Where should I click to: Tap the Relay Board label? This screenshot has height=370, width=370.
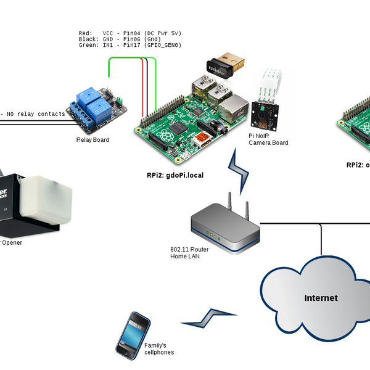point(92,140)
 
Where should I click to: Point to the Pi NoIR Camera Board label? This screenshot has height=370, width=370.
point(268,139)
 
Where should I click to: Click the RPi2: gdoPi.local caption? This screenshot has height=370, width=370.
point(175,175)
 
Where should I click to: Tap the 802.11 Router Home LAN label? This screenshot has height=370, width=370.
point(189,252)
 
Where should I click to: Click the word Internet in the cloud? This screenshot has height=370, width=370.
point(321,298)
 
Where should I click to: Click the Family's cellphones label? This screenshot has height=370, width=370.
point(159,349)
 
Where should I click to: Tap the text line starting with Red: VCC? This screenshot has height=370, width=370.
point(129,33)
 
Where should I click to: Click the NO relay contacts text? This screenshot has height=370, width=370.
point(35,114)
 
